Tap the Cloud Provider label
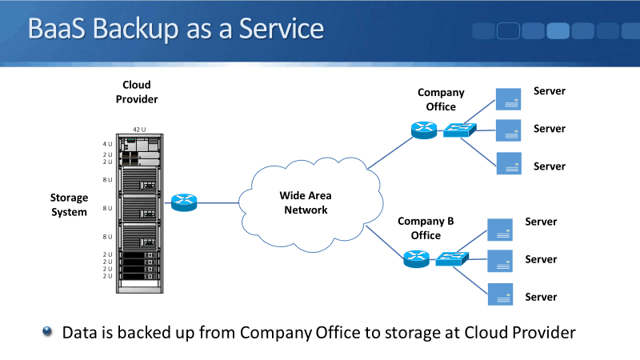coord(136,92)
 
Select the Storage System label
coord(69,205)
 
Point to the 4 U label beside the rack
coord(108,144)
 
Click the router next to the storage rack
coord(183,202)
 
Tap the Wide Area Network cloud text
coord(304,202)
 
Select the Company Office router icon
coord(422,130)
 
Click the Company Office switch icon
coord(460,129)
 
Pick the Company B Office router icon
coord(417,258)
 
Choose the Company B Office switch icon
coord(453,258)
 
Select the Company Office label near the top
coord(441,99)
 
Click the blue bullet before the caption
coord(47,330)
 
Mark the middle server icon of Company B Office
coord(500,261)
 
